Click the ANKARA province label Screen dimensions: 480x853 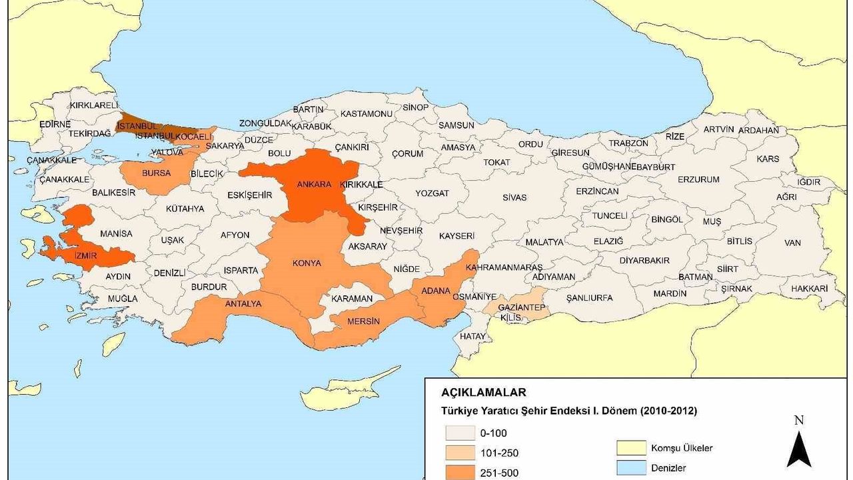click(314, 184)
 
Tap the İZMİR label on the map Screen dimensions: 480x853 click(86, 255)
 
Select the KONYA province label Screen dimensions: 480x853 click(307, 263)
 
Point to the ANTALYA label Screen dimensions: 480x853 click(243, 304)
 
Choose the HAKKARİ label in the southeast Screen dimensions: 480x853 click(809, 289)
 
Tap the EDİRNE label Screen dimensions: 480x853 click(55, 124)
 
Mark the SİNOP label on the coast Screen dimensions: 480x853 click(416, 107)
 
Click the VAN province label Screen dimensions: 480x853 click(792, 243)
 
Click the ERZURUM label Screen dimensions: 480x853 click(698, 179)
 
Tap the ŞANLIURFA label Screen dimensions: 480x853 click(588, 298)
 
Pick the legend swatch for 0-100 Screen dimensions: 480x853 click(460, 433)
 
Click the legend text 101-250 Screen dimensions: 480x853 click(499, 453)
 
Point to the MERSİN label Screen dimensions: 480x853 click(364, 322)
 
